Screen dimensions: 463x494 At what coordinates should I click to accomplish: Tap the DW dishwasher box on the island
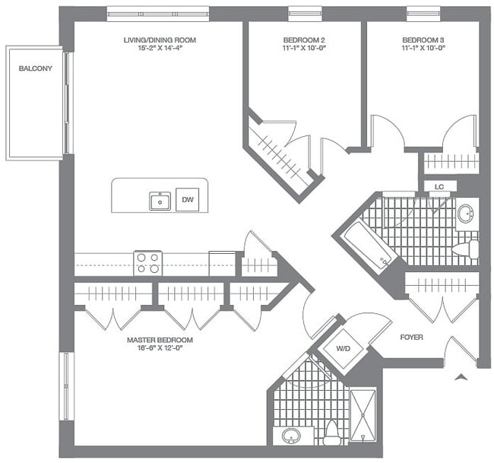tap(188, 201)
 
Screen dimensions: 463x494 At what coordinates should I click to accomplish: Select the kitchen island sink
tap(160, 201)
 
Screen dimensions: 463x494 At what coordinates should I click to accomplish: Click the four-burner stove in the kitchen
tap(147, 263)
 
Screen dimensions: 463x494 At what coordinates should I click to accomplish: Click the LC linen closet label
tap(439, 186)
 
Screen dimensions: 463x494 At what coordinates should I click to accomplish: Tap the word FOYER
tap(411, 337)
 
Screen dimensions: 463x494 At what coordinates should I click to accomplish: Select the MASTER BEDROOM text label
tap(160, 340)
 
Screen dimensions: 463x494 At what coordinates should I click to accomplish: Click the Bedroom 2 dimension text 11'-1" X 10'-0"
tap(301, 47)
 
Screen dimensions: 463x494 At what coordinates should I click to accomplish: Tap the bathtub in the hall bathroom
tap(368, 245)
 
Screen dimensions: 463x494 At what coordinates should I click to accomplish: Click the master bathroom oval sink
tap(291, 436)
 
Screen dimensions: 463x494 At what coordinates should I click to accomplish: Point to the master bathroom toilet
tap(331, 435)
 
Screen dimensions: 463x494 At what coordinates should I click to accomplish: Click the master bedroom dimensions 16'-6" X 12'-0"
tap(160, 349)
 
